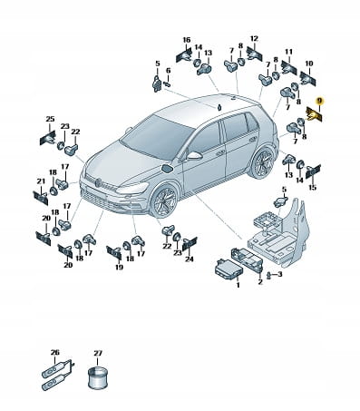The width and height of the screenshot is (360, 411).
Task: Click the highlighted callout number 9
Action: (319, 101)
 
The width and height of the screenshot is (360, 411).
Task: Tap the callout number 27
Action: (98, 353)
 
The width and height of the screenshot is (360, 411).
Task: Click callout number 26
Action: (55, 353)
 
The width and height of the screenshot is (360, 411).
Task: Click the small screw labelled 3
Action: (268, 275)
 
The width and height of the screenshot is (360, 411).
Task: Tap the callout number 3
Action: (279, 274)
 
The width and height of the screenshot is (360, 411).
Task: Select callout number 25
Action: (50, 119)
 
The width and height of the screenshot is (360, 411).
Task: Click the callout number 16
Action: (187, 40)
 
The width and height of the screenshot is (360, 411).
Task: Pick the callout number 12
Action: (254, 39)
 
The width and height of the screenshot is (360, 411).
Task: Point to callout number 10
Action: (309, 64)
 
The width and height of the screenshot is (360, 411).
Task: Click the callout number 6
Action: (169, 71)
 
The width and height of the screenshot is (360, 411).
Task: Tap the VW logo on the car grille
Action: (98, 182)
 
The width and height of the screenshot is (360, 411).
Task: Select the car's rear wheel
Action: (262, 163)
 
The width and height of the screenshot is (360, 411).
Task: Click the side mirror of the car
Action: (194, 155)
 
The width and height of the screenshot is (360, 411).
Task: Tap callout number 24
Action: (190, 259)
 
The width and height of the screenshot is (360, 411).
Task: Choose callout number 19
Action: (119, 267)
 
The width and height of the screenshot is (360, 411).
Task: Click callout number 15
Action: (312, 188)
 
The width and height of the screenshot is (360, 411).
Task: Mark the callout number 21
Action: (41, 181)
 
